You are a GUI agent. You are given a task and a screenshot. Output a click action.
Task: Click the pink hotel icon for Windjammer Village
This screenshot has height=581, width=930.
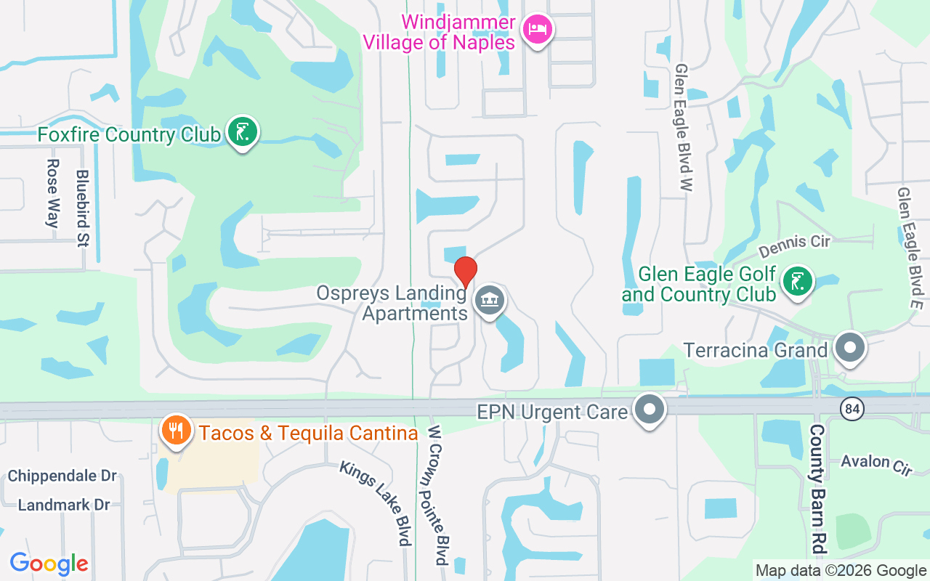pyautogui.click(x=537, y=29)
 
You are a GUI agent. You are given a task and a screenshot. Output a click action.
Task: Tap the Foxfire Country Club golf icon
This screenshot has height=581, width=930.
pyautogui.click(x=242, y=132)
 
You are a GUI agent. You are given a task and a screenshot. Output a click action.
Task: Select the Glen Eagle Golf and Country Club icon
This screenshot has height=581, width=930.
pyautogui.click(x=798, y=281)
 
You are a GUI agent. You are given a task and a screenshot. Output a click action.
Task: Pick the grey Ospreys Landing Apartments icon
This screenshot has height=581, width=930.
pyautogui.click(x=490, y=300)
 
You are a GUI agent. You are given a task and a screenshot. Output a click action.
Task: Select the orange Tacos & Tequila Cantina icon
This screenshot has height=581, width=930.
pyautogui.click(x=174, y=431)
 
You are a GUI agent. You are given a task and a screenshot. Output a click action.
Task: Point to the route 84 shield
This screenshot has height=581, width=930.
pyautogui.click(x=852, y=408)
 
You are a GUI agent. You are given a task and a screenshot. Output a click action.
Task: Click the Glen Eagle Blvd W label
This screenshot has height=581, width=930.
pyautogui.click(x=683, y=126)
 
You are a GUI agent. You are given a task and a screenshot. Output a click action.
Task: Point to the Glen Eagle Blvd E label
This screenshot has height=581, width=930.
pyautogui.click(x=910, y=249)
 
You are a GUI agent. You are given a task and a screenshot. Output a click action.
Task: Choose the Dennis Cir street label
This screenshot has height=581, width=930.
pyautogui.click(x=794, y=246)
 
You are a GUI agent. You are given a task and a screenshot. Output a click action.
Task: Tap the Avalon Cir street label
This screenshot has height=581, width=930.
pyautogui.click(x=876, y=464)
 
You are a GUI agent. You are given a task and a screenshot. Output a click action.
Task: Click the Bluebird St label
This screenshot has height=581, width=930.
pyautogui.click(x=82, y=208)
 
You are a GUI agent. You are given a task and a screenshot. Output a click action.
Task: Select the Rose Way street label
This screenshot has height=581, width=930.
pyautogui.click(x=52, y=194)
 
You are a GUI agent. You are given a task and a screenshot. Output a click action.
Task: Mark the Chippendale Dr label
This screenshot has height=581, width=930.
pyautogui.click(x=62, y=476)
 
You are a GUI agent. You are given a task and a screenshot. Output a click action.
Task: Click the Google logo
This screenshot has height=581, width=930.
pyautogui.click(x=49, y=564)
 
